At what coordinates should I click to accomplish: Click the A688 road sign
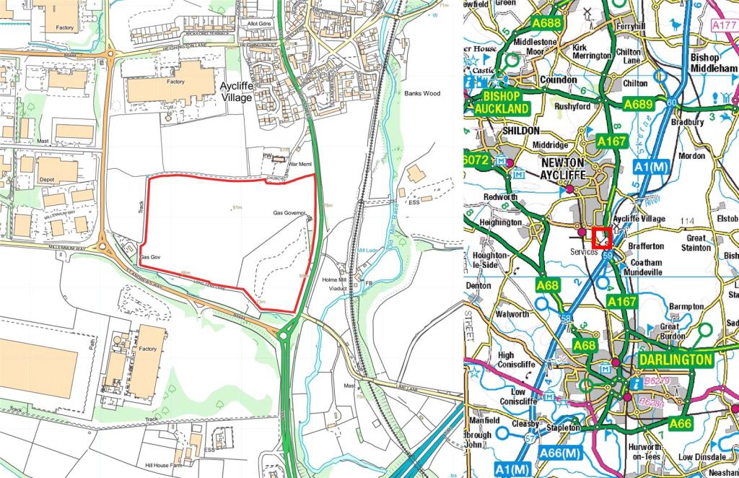(x=546, y=24)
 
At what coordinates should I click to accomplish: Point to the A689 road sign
(x=638, y=105)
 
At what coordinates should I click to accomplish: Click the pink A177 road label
(x=724, y=25)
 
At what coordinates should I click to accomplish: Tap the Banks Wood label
(x=422, y=93)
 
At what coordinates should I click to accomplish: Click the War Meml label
(x=298, y=164)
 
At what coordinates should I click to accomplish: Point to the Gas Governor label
(x=290, y=214)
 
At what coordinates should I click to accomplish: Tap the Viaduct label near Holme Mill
(x=338, y=288)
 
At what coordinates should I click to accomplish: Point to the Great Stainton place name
(x=696, y=242)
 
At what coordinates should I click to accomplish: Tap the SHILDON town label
(x=514, y=131)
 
